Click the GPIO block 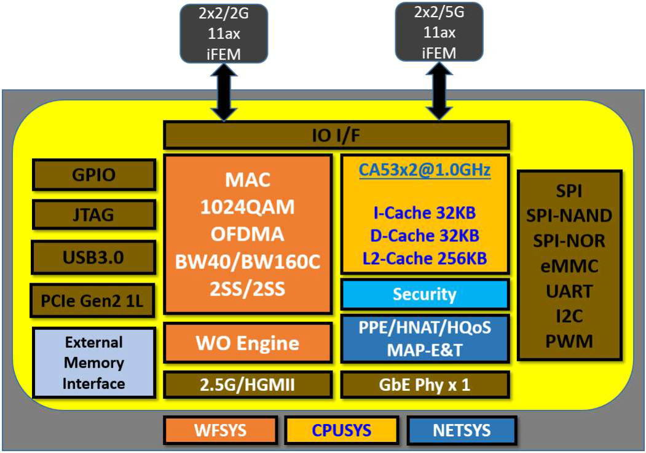pos(93,175)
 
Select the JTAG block pos(93,215)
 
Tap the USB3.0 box pos(93,257)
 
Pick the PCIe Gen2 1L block pos(93,301)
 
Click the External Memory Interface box pos(93,363)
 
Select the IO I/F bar pos(336,135)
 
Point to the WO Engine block pos(247,343)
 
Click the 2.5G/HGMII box pos(247,385)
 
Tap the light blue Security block pos(425,294)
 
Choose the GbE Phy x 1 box pos(425,385)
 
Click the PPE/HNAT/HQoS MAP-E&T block pos(425,338)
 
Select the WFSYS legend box pos(219,430)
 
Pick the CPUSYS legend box pos(341,430)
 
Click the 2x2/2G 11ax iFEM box pos(223,33)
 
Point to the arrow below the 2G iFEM pos(223,92)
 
